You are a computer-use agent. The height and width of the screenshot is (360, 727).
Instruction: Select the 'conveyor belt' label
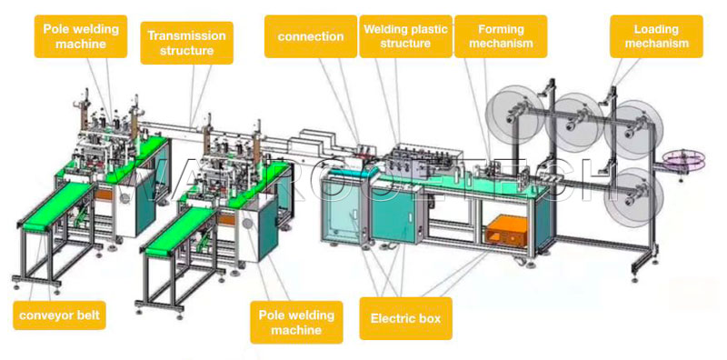coord(57,316)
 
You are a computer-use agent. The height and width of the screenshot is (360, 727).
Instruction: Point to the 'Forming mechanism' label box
coord(500,35)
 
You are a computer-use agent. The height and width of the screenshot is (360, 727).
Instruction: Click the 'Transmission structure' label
coord(186,43)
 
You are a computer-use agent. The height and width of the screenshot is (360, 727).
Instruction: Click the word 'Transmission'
coord(186,35)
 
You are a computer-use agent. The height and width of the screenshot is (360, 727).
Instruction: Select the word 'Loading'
coord(650,28)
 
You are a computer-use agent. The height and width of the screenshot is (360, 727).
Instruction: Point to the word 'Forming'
coord(500,28)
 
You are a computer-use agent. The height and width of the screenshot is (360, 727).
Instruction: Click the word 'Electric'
coord(389,319)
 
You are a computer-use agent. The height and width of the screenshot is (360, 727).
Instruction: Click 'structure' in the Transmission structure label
coord(186,51)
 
